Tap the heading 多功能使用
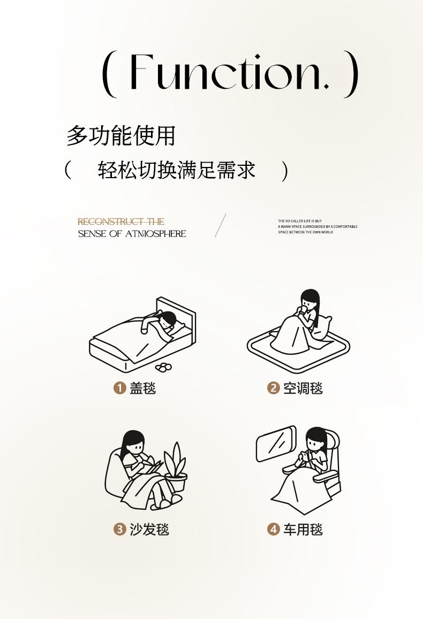click(121, 136)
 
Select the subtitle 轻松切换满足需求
click(177, 171)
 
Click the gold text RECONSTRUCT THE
click(121, 221)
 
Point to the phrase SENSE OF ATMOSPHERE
click(132, 234)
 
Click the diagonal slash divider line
click(221, 225)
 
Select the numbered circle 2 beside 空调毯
click(273, 388)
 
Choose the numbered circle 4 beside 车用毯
click(273, 530)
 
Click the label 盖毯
click(143, 388)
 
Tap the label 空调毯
click(303, 388)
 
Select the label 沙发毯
click(149, 530)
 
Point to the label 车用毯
click(303, 530)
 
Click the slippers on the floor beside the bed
click(164, 366)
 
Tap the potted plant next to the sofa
click(176, 468)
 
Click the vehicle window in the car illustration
click(276, 442)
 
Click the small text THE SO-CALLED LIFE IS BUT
click(300, 221)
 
